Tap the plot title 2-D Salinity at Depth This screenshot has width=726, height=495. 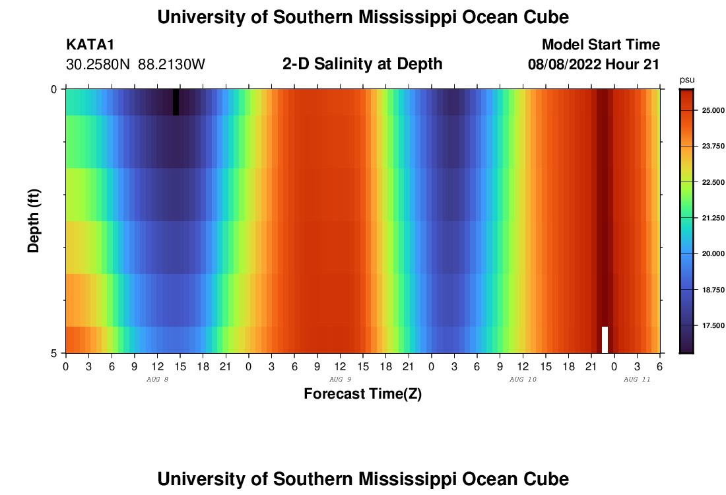362,64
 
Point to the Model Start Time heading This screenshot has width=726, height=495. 601,45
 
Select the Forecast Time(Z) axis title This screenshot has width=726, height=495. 362,394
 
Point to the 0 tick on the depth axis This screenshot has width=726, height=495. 54,89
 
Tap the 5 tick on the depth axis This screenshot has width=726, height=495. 54,353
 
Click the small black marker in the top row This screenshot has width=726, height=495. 176,102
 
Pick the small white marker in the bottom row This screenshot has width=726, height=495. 605,339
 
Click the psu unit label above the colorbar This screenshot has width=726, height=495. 687,80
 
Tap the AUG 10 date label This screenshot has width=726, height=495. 523,379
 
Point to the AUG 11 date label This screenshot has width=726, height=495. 637,379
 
